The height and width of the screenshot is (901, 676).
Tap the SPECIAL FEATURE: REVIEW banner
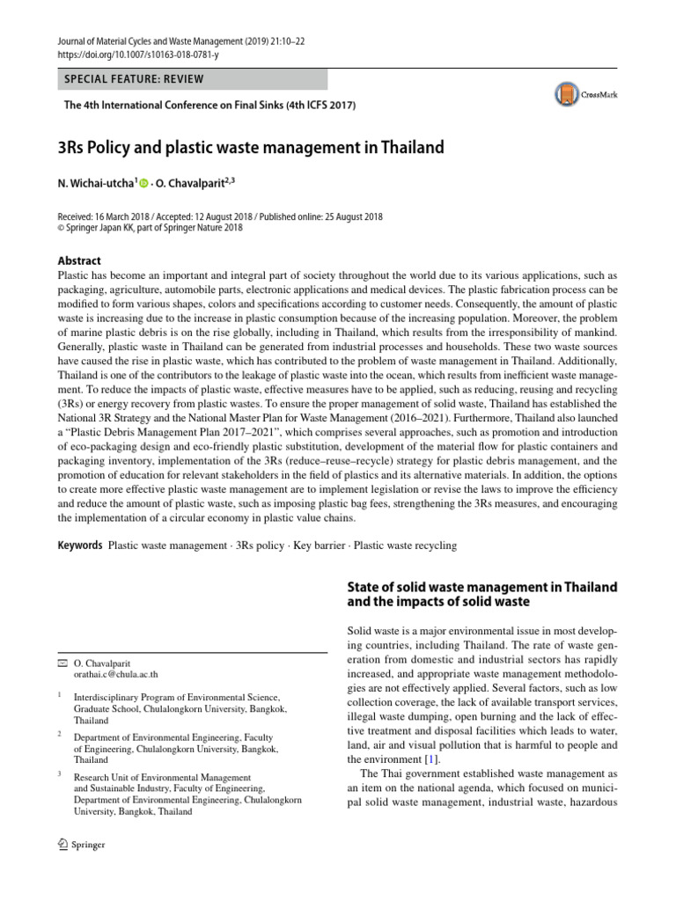point(134,79)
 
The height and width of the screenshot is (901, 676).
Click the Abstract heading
point(79,260)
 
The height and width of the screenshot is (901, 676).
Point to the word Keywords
point(80,546)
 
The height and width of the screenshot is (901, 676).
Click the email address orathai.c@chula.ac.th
point(116,675)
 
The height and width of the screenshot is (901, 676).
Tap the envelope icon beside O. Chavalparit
point(61,662)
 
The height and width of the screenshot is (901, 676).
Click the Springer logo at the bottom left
point(80,846)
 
